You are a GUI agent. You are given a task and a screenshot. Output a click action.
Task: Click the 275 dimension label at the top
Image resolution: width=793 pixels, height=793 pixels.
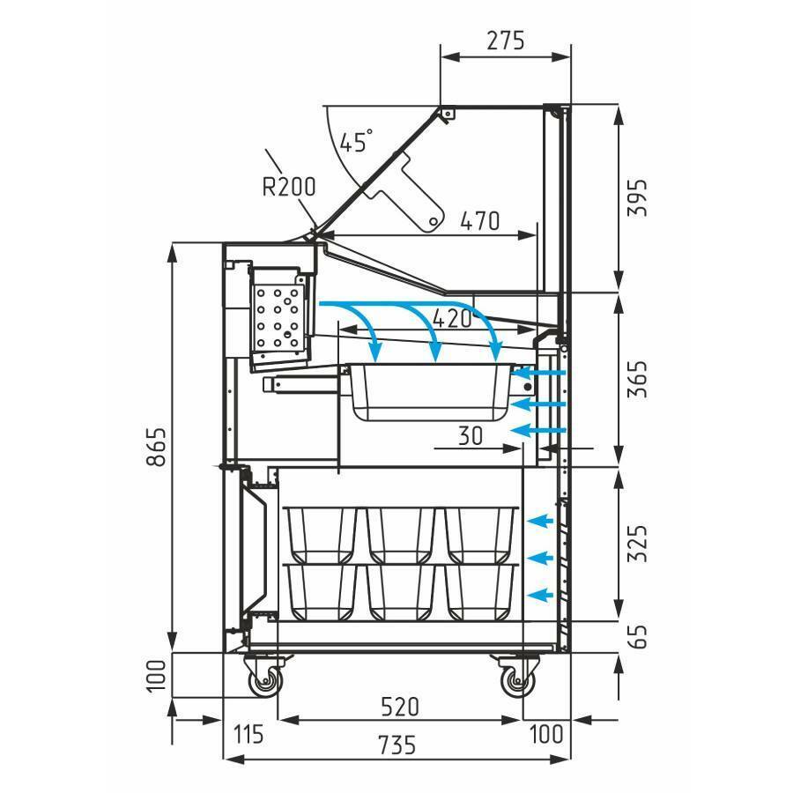click(506, 41)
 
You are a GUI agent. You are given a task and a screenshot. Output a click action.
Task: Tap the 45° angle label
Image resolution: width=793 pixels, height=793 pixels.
click(356, 141)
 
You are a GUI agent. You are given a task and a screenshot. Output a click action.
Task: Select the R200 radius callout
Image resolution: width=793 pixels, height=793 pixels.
click(289, 187)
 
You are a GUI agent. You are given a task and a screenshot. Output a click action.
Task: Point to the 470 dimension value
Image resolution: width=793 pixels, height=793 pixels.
click(480, 221)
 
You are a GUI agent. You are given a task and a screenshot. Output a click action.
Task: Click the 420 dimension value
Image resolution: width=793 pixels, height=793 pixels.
click(453, 319)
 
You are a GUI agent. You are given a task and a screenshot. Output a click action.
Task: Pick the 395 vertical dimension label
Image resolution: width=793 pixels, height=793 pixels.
click(637, 197)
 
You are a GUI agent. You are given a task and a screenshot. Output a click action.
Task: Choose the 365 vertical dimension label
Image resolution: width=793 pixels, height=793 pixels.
click(637, 379)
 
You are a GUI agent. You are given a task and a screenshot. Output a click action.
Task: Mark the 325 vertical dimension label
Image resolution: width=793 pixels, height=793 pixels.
click(637, 544)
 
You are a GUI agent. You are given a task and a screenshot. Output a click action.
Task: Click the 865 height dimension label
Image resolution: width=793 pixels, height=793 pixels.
click(156, 447)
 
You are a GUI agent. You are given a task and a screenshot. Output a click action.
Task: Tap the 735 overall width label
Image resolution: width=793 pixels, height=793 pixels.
click(397, 745)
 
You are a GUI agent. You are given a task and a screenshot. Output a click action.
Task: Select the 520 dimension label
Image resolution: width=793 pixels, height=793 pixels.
click(399, 707)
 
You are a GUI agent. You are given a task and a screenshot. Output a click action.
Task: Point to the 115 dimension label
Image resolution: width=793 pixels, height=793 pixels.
click(248, 734)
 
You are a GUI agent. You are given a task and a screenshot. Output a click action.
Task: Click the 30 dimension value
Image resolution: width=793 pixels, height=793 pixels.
click(471, 435)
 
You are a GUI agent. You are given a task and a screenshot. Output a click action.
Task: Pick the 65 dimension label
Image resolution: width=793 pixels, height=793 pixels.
click(637, 636)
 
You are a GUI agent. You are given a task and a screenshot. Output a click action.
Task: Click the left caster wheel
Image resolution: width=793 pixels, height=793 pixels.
click(264, 682)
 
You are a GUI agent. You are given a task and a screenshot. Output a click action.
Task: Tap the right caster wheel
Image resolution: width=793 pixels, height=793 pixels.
click(515, 682)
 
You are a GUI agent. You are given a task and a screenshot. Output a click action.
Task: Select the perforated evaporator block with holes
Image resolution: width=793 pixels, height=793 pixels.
click(278, 319)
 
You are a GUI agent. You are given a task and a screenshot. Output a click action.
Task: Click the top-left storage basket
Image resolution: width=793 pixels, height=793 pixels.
click(321, 536)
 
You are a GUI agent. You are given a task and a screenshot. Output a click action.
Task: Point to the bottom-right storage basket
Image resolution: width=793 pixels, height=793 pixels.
click(480, 592)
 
